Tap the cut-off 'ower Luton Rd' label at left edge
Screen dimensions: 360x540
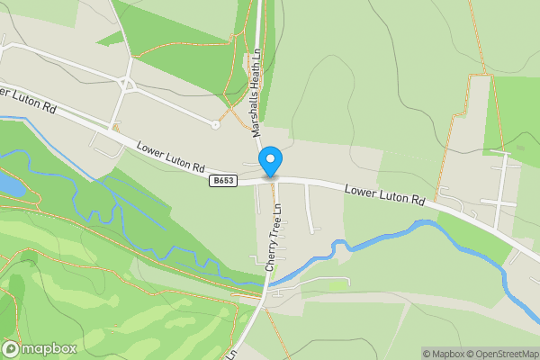[x=29, y=100]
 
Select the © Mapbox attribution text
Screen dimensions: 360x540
[x=444, y=354]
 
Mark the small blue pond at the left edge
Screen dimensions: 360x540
[x=8, y=184]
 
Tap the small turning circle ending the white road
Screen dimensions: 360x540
[x=215, y=125]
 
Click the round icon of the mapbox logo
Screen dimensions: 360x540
[x=12, y=349]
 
